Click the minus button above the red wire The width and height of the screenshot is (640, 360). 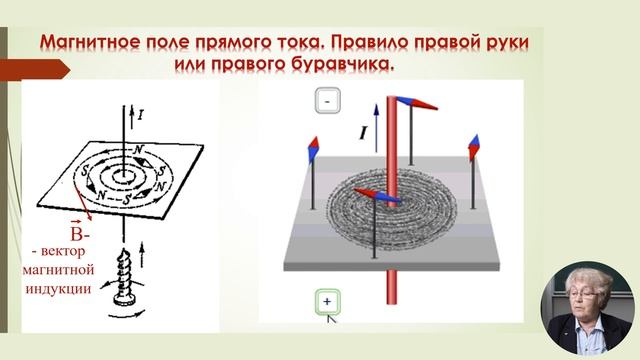tap(327, 100)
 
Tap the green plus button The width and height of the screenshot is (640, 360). tap(327, 302)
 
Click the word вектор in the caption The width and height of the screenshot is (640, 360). tap(63, 251)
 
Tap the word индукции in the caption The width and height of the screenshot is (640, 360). tap(58, 289)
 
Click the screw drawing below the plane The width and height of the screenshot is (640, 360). tap(122, 278)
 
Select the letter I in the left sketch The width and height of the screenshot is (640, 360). tap(140, 115)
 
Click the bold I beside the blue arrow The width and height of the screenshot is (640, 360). tap(362, 133)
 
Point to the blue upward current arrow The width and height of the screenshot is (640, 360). tap(376, 128)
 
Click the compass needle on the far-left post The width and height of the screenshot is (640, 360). tap(313, 150)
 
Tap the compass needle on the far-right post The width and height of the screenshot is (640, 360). tap(474, 147)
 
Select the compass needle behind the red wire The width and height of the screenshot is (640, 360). tap(417, 103)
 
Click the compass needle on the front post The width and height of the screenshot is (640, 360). tap(376, 196)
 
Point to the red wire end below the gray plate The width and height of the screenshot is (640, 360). tap(391, 287)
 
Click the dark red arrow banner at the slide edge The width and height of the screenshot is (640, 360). tap(35, 70)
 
